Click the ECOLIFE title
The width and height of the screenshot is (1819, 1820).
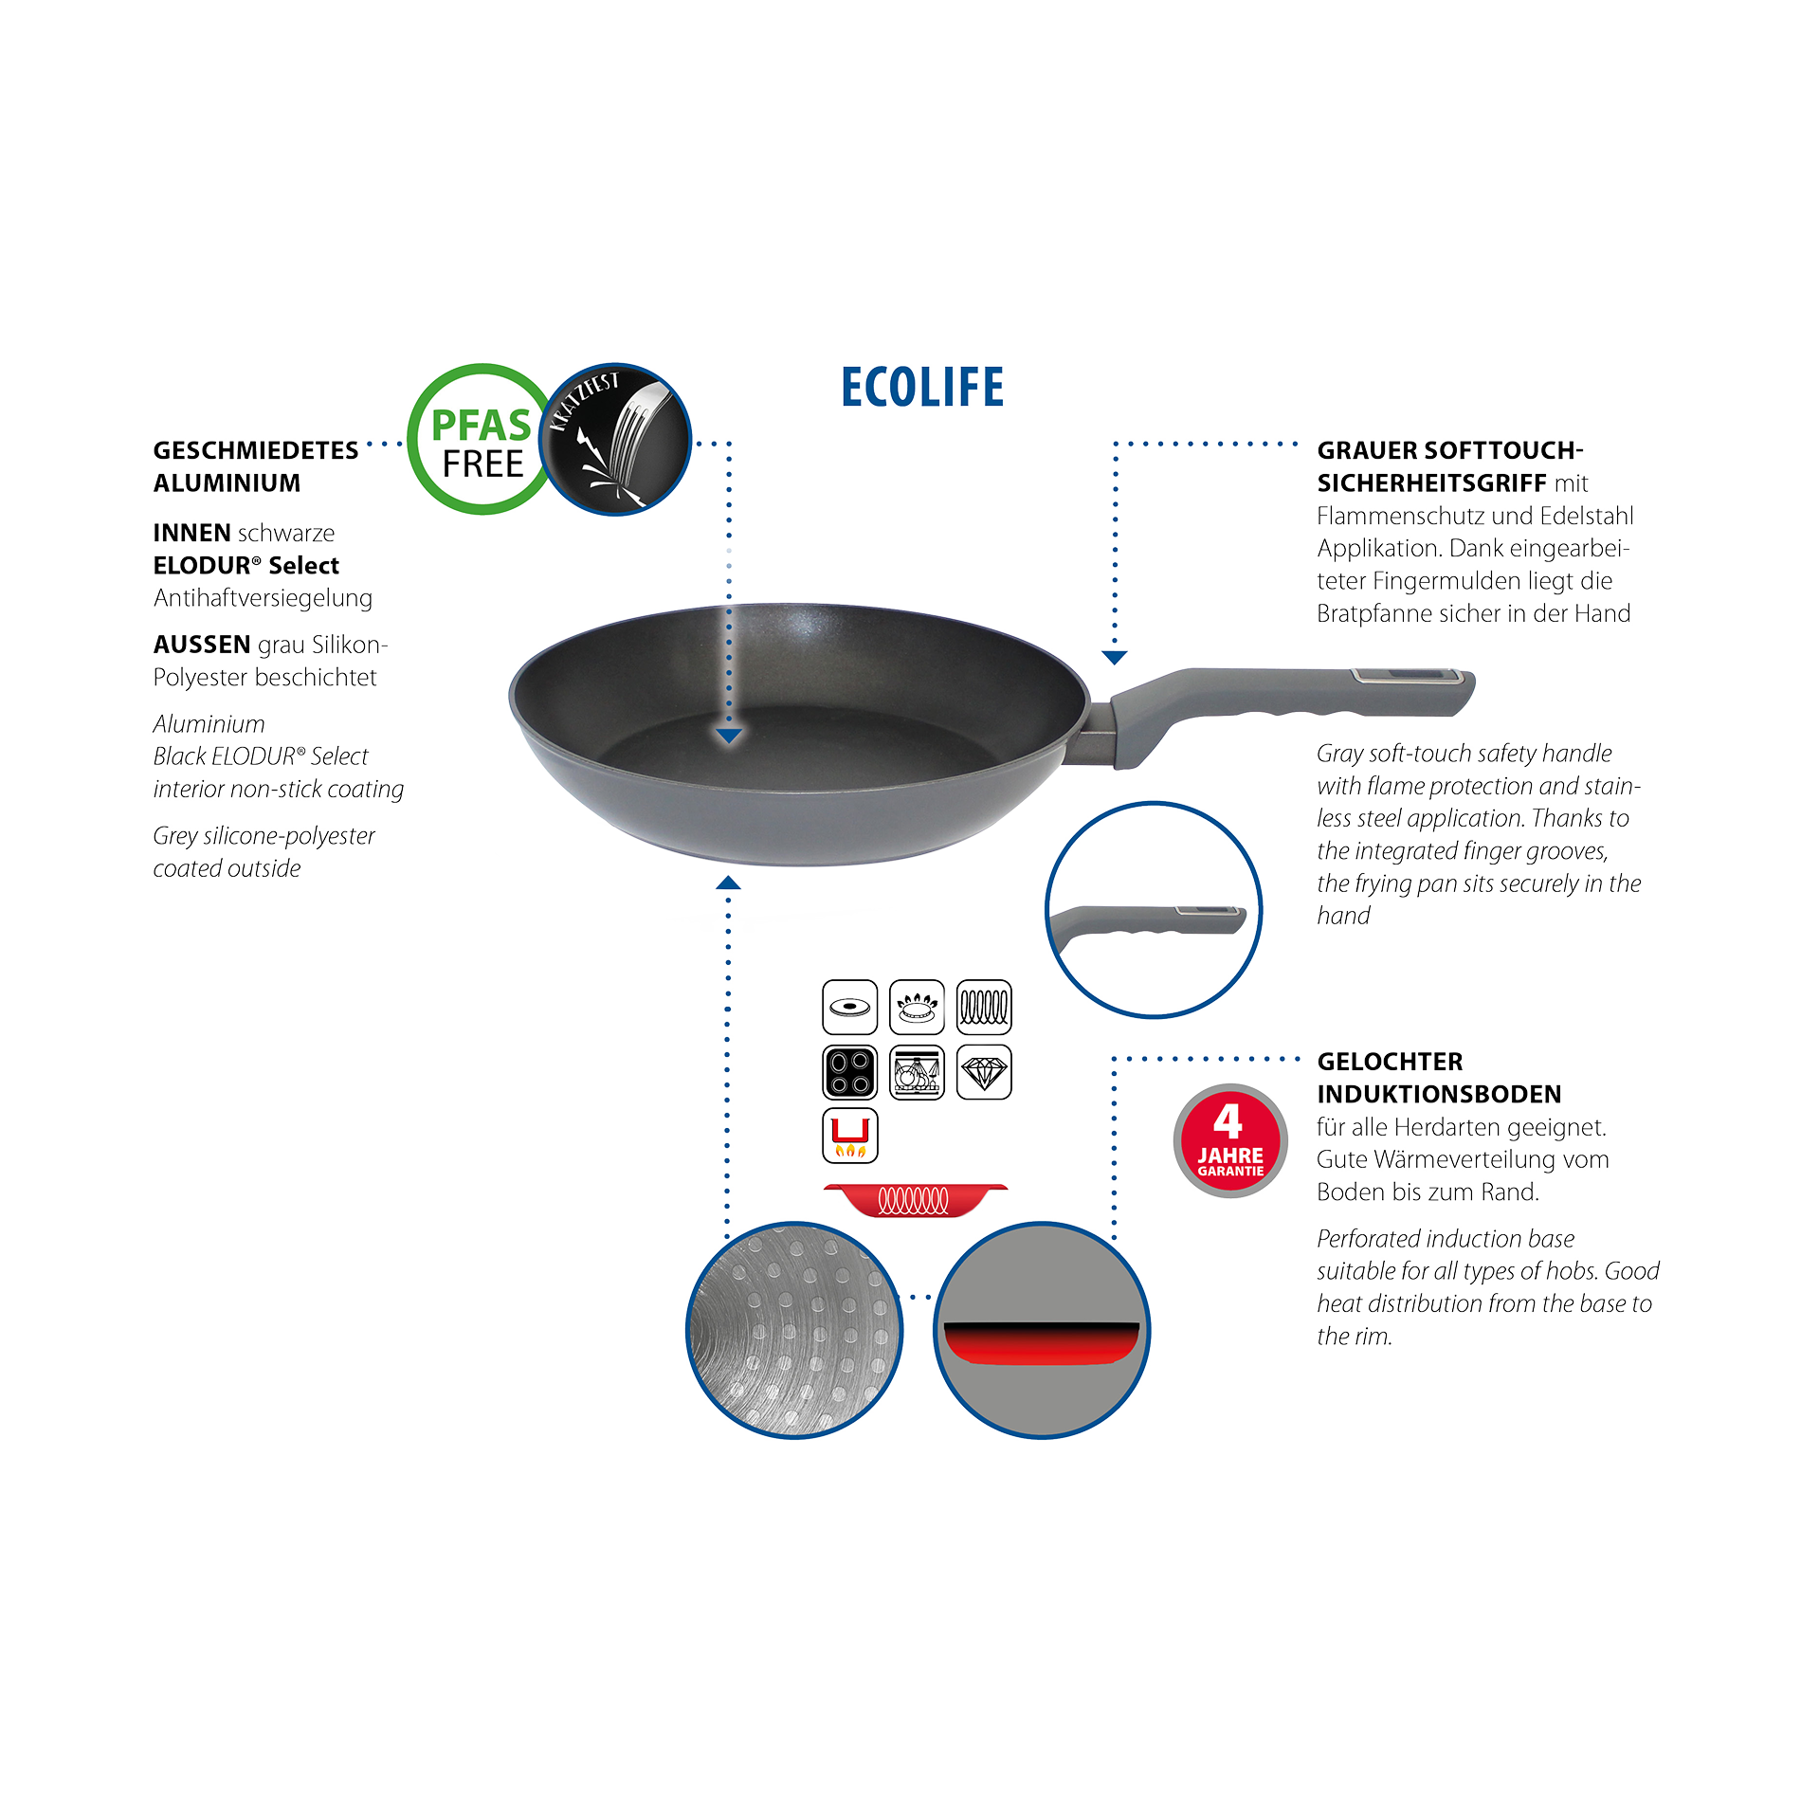[922, 388]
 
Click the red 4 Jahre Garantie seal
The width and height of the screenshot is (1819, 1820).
[1229, 1140]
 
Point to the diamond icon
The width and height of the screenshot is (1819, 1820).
[984, 1072]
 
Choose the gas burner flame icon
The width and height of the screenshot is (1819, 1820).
[917, 1007]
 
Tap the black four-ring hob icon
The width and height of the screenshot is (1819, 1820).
[849, 1072]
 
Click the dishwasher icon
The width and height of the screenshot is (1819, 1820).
[917, 1072]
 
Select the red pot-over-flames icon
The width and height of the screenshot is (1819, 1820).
[849, 1136]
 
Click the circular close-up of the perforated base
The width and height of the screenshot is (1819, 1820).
[793, 1330]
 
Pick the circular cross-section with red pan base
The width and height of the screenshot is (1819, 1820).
[1042, 1330]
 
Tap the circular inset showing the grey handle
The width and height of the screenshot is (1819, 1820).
[1153, 910]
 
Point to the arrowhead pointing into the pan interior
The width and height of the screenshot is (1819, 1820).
[728, 736]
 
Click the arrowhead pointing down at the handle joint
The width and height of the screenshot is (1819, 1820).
[1115, 657]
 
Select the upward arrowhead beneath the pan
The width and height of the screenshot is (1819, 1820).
[728, 883]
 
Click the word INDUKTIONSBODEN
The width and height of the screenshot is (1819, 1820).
[1439, 1094]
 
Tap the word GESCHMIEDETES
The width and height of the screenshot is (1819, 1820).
[256, 450]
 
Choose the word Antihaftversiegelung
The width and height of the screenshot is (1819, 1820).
[263, 598]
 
